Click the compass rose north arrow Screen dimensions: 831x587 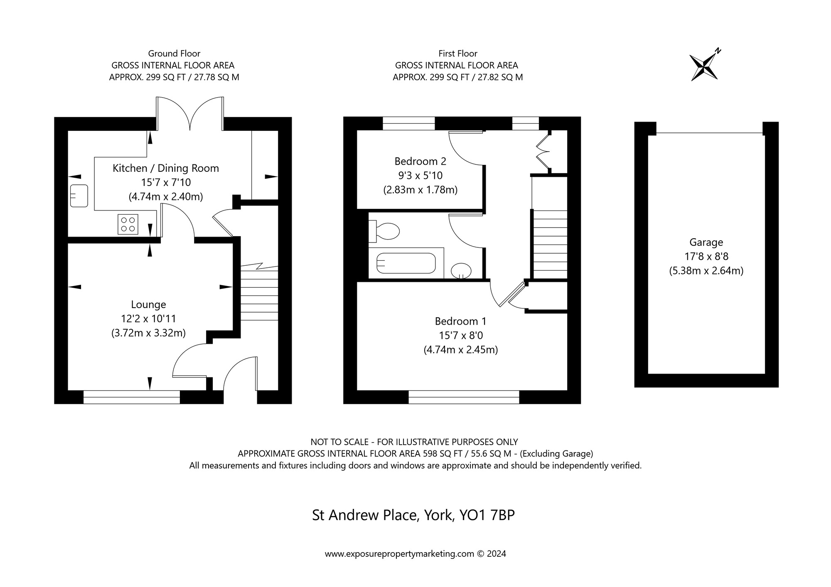coord(704,65)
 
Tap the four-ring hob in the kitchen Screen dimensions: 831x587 coord(128,224)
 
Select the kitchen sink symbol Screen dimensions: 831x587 coord(79,196)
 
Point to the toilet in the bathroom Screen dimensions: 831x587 coord(384,231)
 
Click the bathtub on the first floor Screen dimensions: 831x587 coord(406,263)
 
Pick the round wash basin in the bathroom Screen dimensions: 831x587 coord(461,271)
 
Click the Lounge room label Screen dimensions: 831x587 coord(148,305)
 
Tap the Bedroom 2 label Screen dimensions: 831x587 coord(420,161)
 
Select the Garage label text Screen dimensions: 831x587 coord(706,242)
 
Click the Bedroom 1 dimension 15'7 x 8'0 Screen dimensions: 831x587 coord(461,335)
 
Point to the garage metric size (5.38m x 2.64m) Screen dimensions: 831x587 coord(706,271)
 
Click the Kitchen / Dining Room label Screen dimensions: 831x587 coord(166,168)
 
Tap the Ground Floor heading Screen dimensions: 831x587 coord(174,54)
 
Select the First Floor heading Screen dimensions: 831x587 coord(458,54)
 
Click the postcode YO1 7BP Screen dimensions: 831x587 coord(487,515)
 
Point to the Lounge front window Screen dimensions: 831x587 coord(132,397)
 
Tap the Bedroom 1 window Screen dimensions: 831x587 coord(464,397)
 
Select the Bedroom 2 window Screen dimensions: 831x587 coord(409,124)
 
